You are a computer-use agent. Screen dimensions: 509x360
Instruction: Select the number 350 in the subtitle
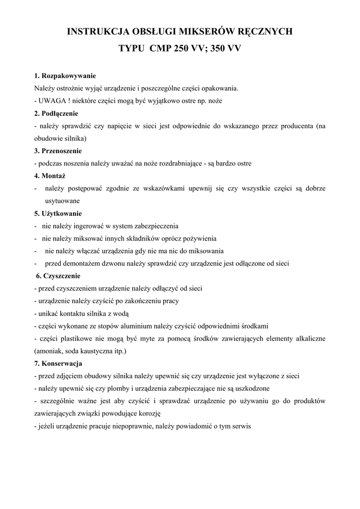[x=217, y=50]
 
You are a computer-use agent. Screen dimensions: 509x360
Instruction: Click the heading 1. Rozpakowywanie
[x=65, y=76]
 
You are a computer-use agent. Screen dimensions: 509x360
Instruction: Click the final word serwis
[x=241, y=426]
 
